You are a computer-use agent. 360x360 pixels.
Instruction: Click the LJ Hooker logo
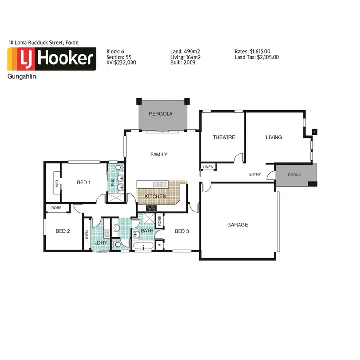point(51,59)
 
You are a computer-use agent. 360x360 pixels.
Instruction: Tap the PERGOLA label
point(160,114)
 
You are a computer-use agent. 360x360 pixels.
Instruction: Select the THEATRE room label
point(224,137)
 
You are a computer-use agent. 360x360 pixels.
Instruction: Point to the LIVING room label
point(274,137)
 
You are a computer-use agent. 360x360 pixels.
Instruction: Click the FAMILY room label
point(159,154)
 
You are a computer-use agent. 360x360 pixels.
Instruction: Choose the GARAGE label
point(238,225)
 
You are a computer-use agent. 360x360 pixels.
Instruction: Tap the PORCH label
point(294,175)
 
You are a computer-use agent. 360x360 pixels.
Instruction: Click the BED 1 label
point(84,182)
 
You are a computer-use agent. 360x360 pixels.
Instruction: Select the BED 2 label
point(63,231)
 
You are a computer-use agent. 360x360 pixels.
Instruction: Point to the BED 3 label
point(182,231)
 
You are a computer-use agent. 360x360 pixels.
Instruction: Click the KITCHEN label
point(156,196)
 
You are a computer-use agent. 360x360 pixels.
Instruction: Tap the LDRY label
point(100,242)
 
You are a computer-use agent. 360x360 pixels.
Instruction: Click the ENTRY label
point(255,174)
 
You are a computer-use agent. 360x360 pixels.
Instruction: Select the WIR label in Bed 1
point(57,183)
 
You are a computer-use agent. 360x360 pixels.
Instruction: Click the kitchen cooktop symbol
point(152,208)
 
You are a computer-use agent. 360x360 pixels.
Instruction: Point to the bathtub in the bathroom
point(144,247)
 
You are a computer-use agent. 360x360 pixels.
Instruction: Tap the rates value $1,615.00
point(260,51)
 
